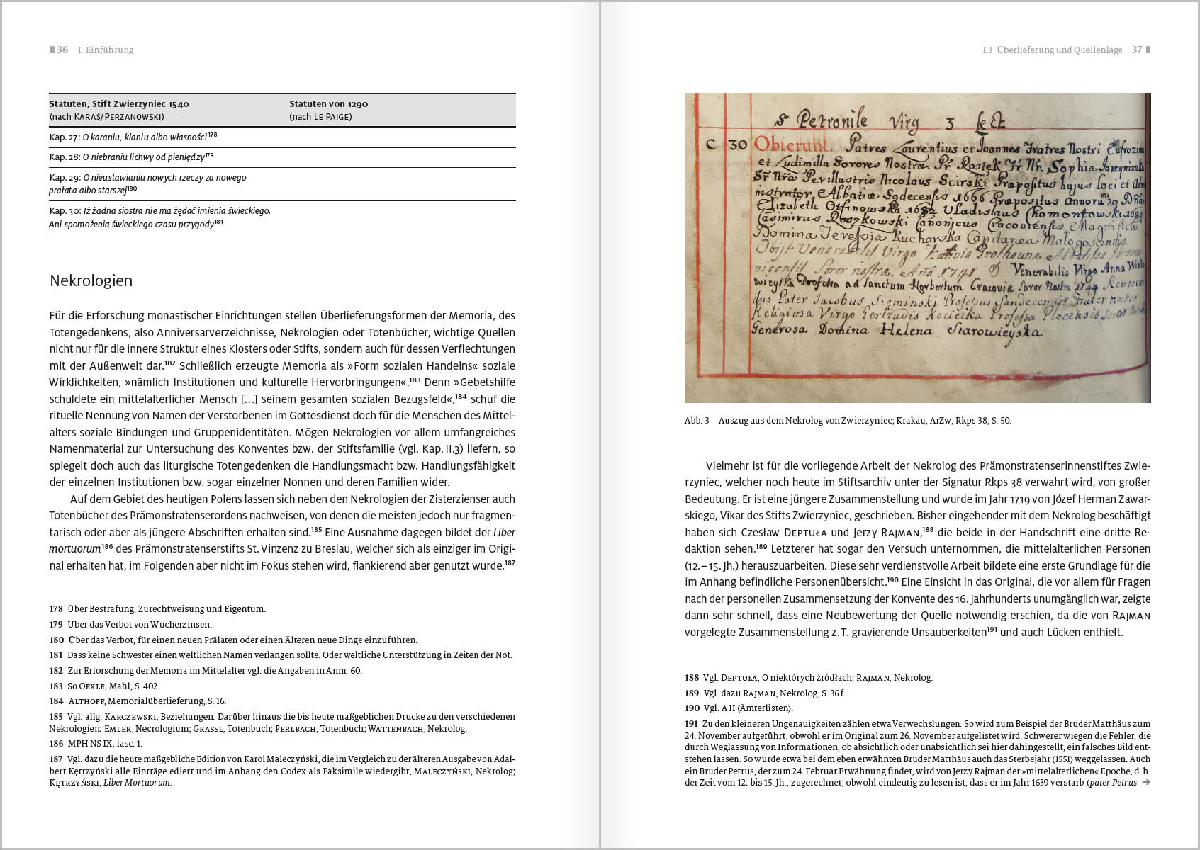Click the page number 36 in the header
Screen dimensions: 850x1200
coord(62,50)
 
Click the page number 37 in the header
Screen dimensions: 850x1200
coord(1137,50)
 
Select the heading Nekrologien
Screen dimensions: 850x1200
coord(91,280)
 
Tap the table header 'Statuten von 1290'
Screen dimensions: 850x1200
coord(328,104)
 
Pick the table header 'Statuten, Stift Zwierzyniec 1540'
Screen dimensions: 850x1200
coord(118,104)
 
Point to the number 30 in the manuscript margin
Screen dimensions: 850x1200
coord(737,144)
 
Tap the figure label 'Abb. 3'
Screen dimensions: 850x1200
coord(697,421)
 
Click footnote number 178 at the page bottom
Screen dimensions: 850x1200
coord(56,609)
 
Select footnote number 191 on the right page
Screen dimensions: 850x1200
coord(691,724)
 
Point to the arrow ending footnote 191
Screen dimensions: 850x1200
coord(1146,783)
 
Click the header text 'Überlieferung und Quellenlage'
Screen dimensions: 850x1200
coord(1059,50)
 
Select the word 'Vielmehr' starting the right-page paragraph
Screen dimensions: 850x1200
coord(727,466)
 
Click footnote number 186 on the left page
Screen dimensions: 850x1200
coord(56,744)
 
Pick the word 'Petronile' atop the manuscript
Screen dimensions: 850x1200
coord(832,120)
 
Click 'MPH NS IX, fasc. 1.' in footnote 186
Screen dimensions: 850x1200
coord(105,744)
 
